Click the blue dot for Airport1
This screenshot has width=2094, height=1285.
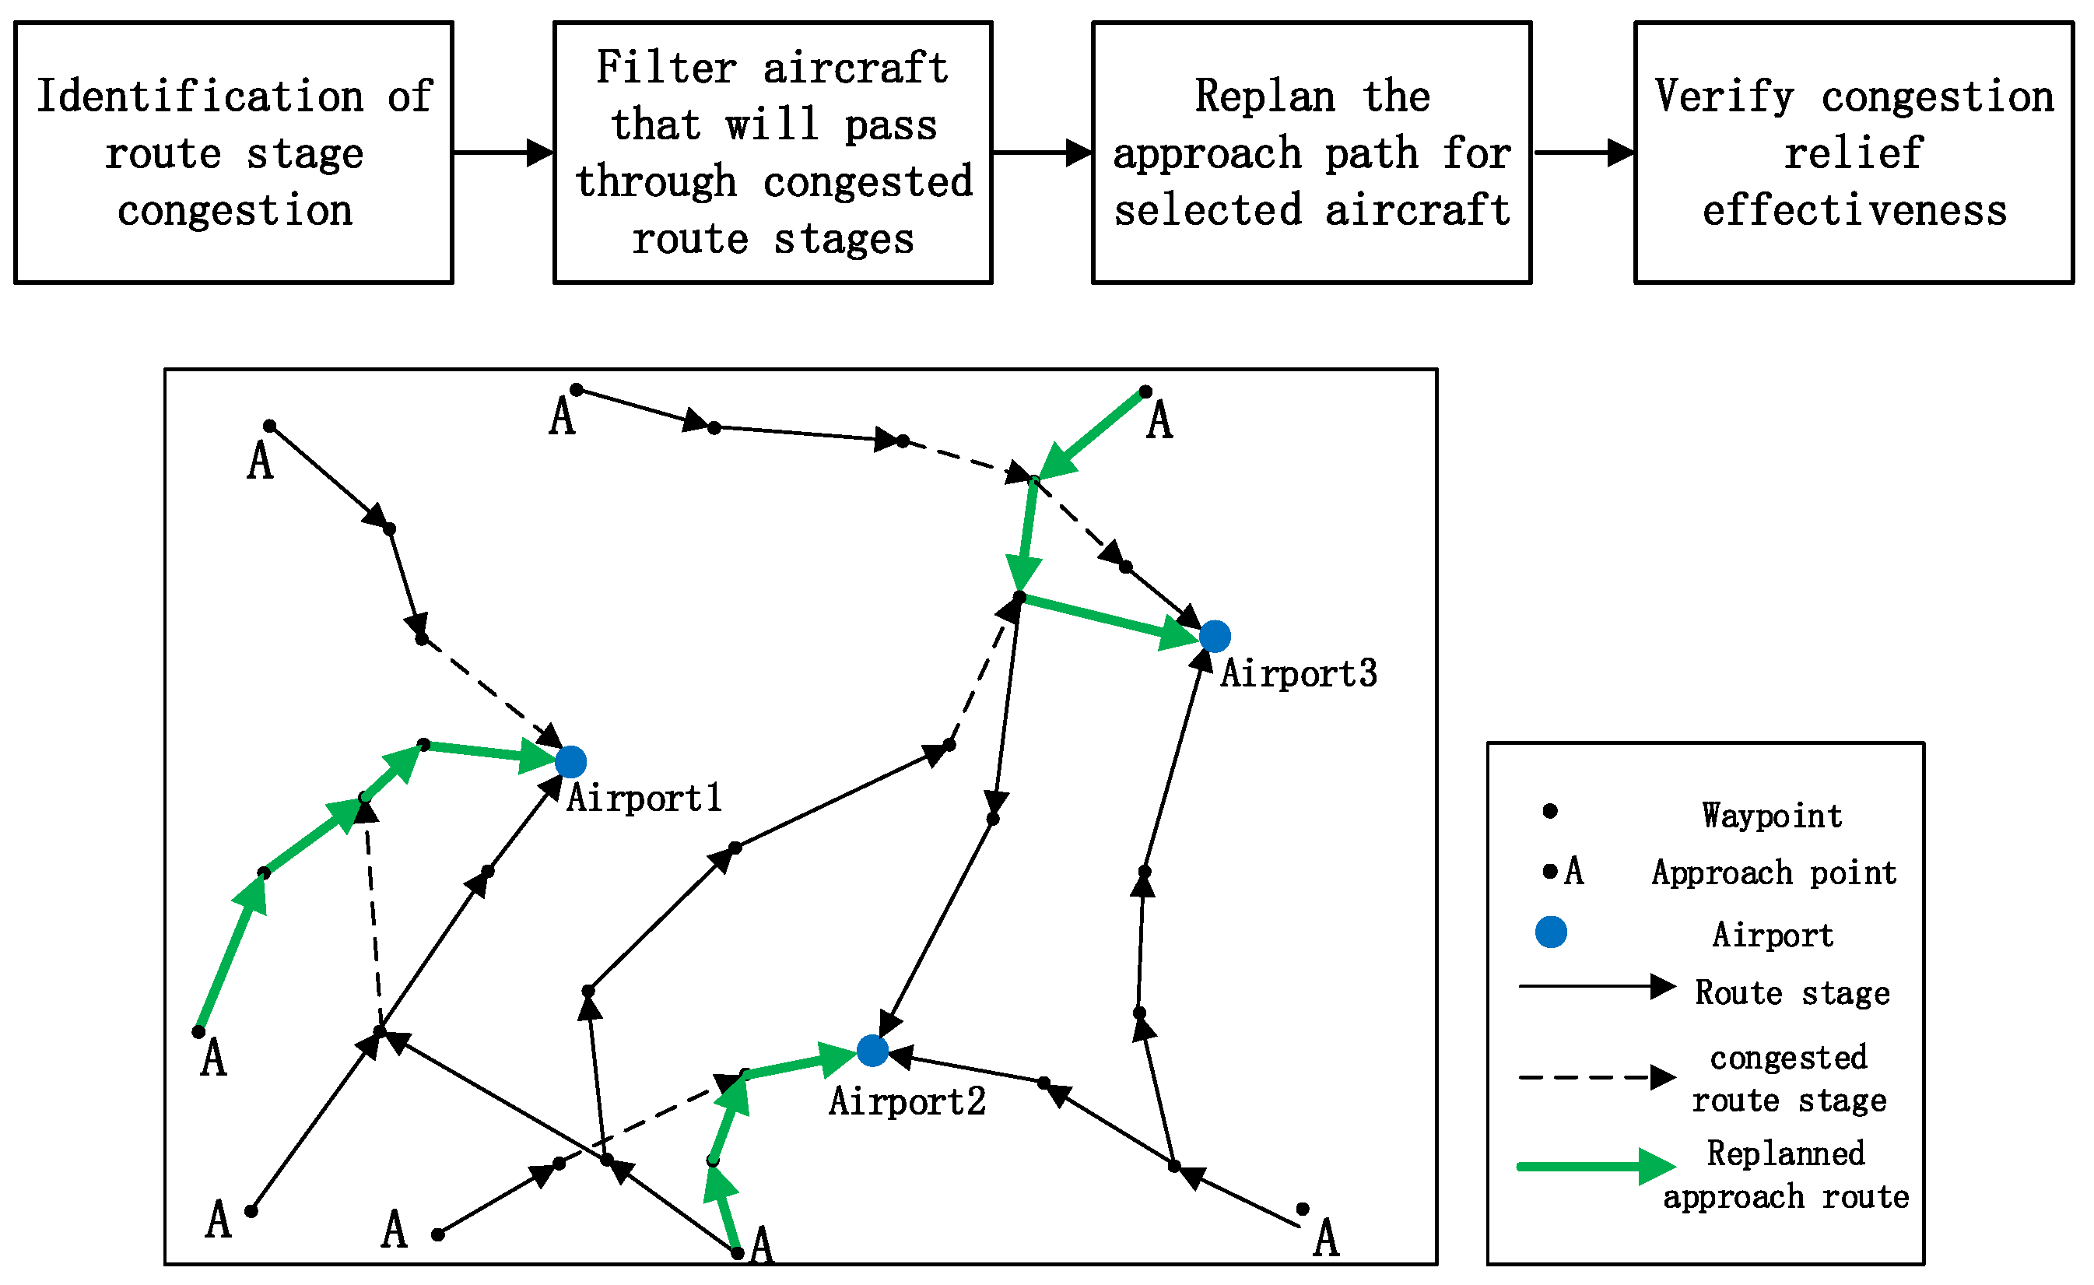click(x=571, y=761)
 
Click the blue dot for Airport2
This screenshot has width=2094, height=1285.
click(x=873, y=1051)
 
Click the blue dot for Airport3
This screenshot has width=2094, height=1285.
click(x=1215, y=636)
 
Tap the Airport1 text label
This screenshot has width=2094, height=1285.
click(x=644, y=798)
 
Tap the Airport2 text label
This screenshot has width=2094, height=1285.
click(x=907, y=1101)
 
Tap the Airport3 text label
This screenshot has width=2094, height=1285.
click(x=1299, y=673)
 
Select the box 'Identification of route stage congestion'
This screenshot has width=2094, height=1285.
click(x=233, y=153)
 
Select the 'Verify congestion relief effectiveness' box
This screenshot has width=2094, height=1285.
click(x=1854, y=153)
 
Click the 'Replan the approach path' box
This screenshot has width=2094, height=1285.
click(x=1311, y=153)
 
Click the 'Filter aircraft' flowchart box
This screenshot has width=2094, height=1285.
click(x=773, y=153)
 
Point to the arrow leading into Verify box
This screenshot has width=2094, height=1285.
click(x=1584, y=153)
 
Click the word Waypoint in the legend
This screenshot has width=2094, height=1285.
click(x=1773, y=816)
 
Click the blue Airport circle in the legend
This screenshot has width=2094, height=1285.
click(x=1551, y=932)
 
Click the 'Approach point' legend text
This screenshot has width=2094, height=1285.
click(x=1774, y=872)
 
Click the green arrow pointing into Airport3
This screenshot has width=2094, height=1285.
click(x=1114, y=619)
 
